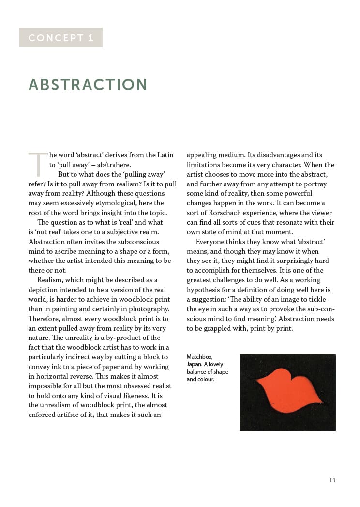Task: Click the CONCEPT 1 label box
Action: point(61,38)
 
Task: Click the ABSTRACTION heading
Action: point(88,85)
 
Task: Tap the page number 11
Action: point(332,480)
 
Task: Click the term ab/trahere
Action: point(113,165)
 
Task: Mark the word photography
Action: point(147,309)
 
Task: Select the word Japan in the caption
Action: point(195,365)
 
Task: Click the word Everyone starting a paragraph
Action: point(212,242)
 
